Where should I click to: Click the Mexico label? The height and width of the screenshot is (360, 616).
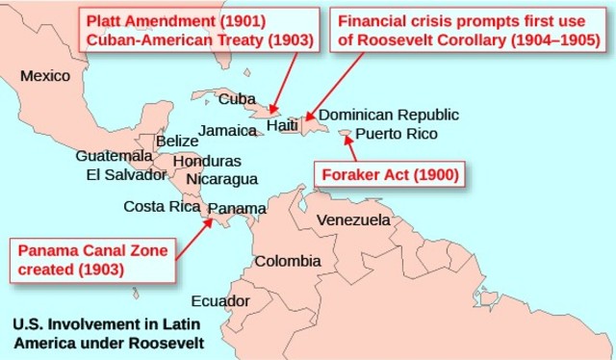pos(45,76)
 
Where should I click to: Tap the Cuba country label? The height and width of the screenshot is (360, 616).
pos(237,98)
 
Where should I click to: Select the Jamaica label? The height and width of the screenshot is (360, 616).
pos(227,130)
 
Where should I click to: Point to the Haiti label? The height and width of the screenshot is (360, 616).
pos(282,125)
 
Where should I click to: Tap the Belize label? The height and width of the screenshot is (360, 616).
pos(176,141)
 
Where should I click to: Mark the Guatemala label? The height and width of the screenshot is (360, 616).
pos(114,156)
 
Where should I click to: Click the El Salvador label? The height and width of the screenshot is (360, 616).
pos(126,174)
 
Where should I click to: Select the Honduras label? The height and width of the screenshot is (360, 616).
pos(207,161)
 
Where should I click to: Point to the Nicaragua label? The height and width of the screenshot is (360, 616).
pos(222,179)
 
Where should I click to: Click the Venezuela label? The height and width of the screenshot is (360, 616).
pos(353,220)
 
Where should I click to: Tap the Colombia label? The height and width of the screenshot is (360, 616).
pos(288,261)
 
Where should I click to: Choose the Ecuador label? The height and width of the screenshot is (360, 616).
pos(220,301)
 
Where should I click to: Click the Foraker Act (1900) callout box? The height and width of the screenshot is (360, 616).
pos(388,175)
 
